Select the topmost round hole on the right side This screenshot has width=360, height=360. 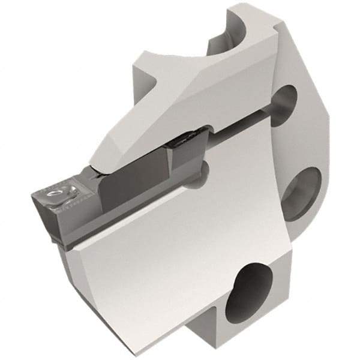(287, 104)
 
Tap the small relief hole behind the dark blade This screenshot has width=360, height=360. (203, 171)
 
